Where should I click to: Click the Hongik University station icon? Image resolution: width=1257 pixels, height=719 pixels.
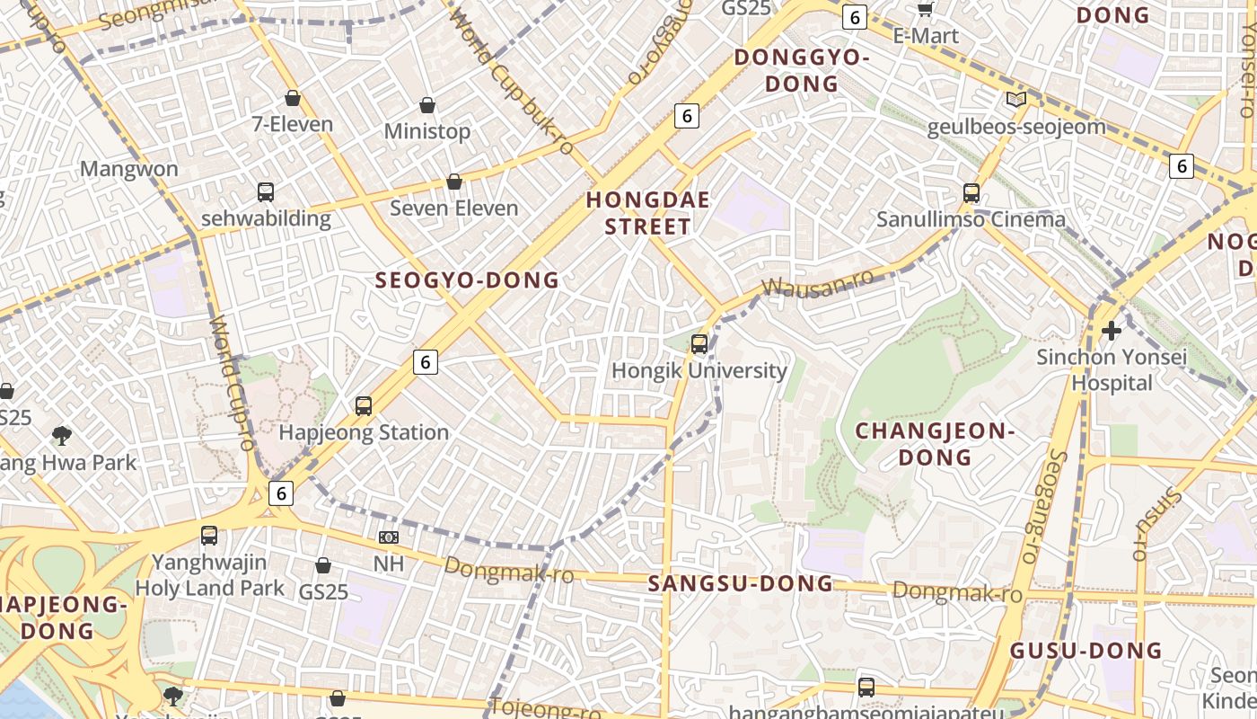tap(699, 343)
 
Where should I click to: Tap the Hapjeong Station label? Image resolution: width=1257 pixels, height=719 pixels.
tap(364, 432)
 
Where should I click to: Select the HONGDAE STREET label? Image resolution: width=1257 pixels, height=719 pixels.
tap(647, 213)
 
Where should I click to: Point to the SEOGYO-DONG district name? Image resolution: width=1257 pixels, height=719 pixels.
tap(467, 280)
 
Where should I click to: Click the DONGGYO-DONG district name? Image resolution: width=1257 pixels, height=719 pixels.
tap(802, 70)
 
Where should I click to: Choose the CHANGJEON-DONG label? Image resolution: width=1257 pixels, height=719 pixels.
tap(935, 444)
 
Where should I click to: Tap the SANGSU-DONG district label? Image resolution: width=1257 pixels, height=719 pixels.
tap(741, 584)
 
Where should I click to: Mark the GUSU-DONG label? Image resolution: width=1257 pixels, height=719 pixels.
tap(1086, 651)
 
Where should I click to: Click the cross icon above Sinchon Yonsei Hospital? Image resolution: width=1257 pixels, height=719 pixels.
tap(1112, 330)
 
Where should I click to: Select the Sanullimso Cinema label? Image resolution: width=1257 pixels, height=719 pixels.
tap(971, 219)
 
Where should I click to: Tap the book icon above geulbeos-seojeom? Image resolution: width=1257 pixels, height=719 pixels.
tap(1015, 100)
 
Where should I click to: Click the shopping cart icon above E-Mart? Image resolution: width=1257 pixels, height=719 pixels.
tap(925, 10)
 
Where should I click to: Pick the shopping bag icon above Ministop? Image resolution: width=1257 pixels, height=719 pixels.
tap(427, 105)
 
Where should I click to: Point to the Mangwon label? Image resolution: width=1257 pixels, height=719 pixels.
tap(129, 169)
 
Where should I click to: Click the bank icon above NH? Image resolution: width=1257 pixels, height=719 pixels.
tap(389, 537)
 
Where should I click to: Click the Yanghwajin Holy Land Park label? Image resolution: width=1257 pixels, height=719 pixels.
tap(209, 575)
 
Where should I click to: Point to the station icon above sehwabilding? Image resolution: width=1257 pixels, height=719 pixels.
tap(266, 191)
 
